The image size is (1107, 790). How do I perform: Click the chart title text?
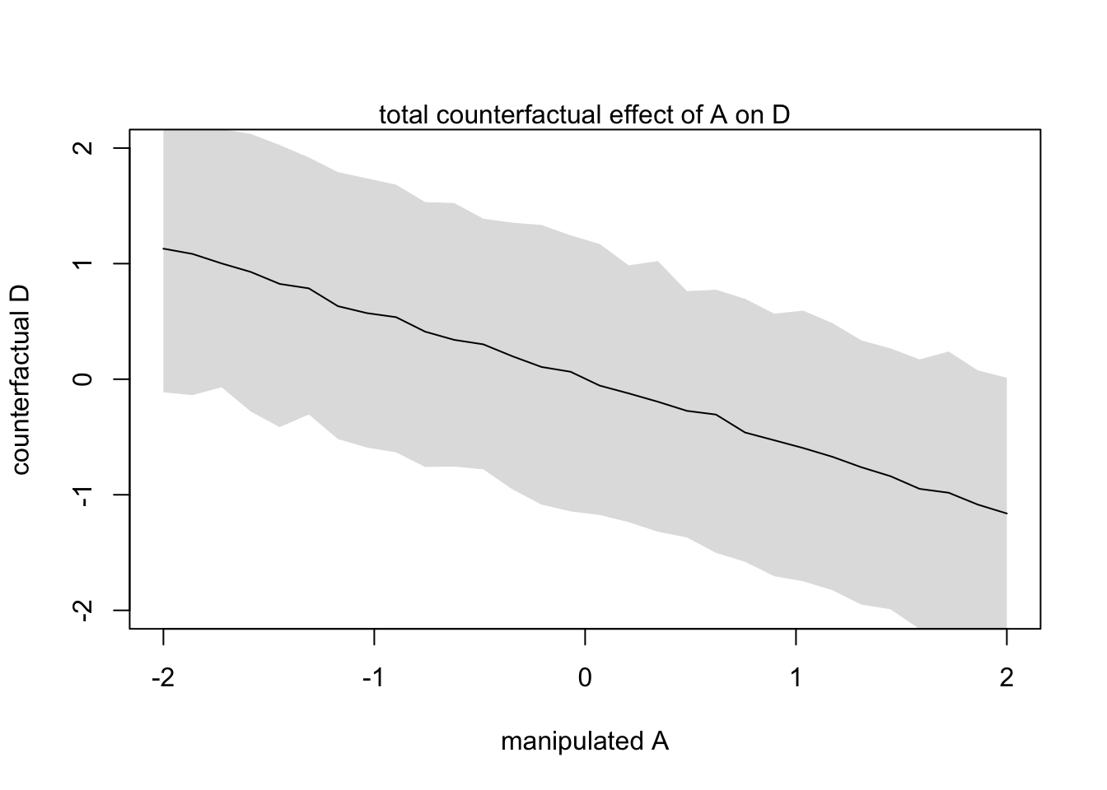(x=584, y=115)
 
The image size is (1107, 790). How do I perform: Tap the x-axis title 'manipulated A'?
(x=584, y=741)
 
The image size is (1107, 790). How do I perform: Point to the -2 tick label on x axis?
(x=163, y=679)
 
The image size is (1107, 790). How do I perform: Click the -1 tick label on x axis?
(x=374, y=679)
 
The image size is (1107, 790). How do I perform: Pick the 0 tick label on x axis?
(x=585, y=679)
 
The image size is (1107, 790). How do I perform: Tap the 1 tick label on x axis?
(x=796, y=679)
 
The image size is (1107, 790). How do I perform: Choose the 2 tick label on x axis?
(x=1007, y=679)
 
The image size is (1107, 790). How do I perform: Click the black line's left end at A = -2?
(x=164, y=249)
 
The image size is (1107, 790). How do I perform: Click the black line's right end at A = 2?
(x=1007, y=513)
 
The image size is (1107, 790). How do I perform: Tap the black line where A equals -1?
(x=374, y=314)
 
